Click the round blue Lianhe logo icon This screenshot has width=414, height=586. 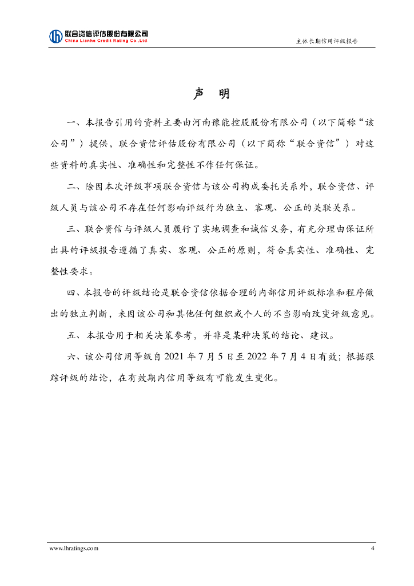pos(55,36)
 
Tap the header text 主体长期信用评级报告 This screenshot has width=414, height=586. pos(327,41)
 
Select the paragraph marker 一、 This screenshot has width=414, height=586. pos(74,122)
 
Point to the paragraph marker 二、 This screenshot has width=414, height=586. pos(74,187)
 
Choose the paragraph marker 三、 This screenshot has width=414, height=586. pos(74,229)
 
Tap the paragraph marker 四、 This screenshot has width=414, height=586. pos(74,292)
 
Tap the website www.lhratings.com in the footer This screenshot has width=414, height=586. pos(74,548)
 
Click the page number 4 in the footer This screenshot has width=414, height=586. pos(372,548)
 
